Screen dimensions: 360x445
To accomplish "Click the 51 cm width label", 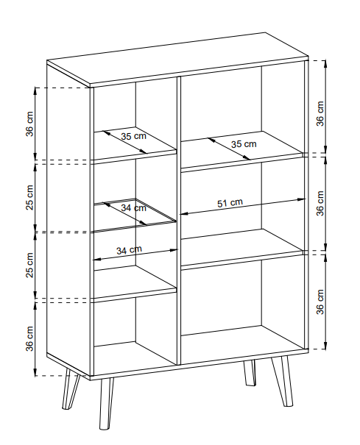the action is tap(230, 203).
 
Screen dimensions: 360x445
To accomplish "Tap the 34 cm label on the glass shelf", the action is tap(133, 208).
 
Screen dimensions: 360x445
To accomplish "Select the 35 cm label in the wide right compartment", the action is tap(244, 144).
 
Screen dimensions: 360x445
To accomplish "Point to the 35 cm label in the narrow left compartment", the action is tap(133, 136).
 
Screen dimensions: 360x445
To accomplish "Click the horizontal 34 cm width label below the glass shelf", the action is tap(129, 250).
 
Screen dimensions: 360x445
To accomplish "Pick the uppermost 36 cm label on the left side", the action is tap(30, 124).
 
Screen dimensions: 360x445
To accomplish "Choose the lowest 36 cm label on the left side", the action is tap(30, 338).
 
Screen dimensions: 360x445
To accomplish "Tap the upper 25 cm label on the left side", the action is tap(30, 198).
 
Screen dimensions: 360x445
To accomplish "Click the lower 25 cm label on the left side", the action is tap(30, 265).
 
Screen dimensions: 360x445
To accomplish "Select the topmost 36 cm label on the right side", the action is tap(320, 113).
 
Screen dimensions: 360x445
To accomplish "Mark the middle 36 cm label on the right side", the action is tap(320, 203).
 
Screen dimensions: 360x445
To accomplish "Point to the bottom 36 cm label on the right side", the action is tap(320, 302).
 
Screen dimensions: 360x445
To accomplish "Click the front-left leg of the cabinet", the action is tap(106, 403).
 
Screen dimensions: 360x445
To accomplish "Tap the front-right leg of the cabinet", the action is tap(281, 381).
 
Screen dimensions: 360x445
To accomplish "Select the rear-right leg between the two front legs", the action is tap(250, 373).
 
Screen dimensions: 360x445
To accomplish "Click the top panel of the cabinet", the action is tap(177, 59).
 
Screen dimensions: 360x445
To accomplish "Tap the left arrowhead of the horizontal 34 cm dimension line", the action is tap(97, 259).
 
